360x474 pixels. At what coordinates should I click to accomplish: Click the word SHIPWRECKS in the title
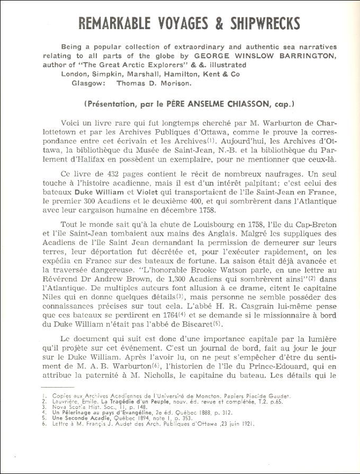click(x=257, y=23)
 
